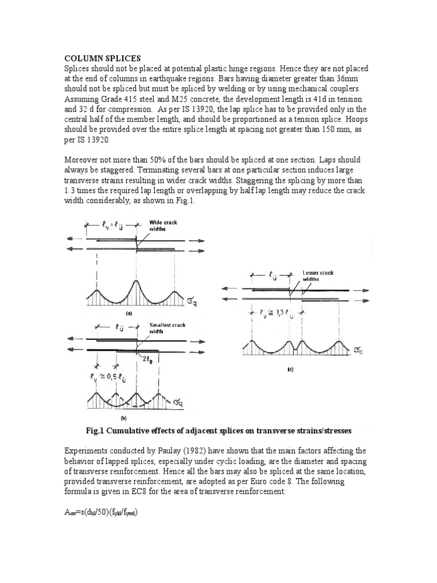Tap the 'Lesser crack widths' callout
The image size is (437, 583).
(318, 276)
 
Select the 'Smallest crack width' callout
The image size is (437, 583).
(167, 328)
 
